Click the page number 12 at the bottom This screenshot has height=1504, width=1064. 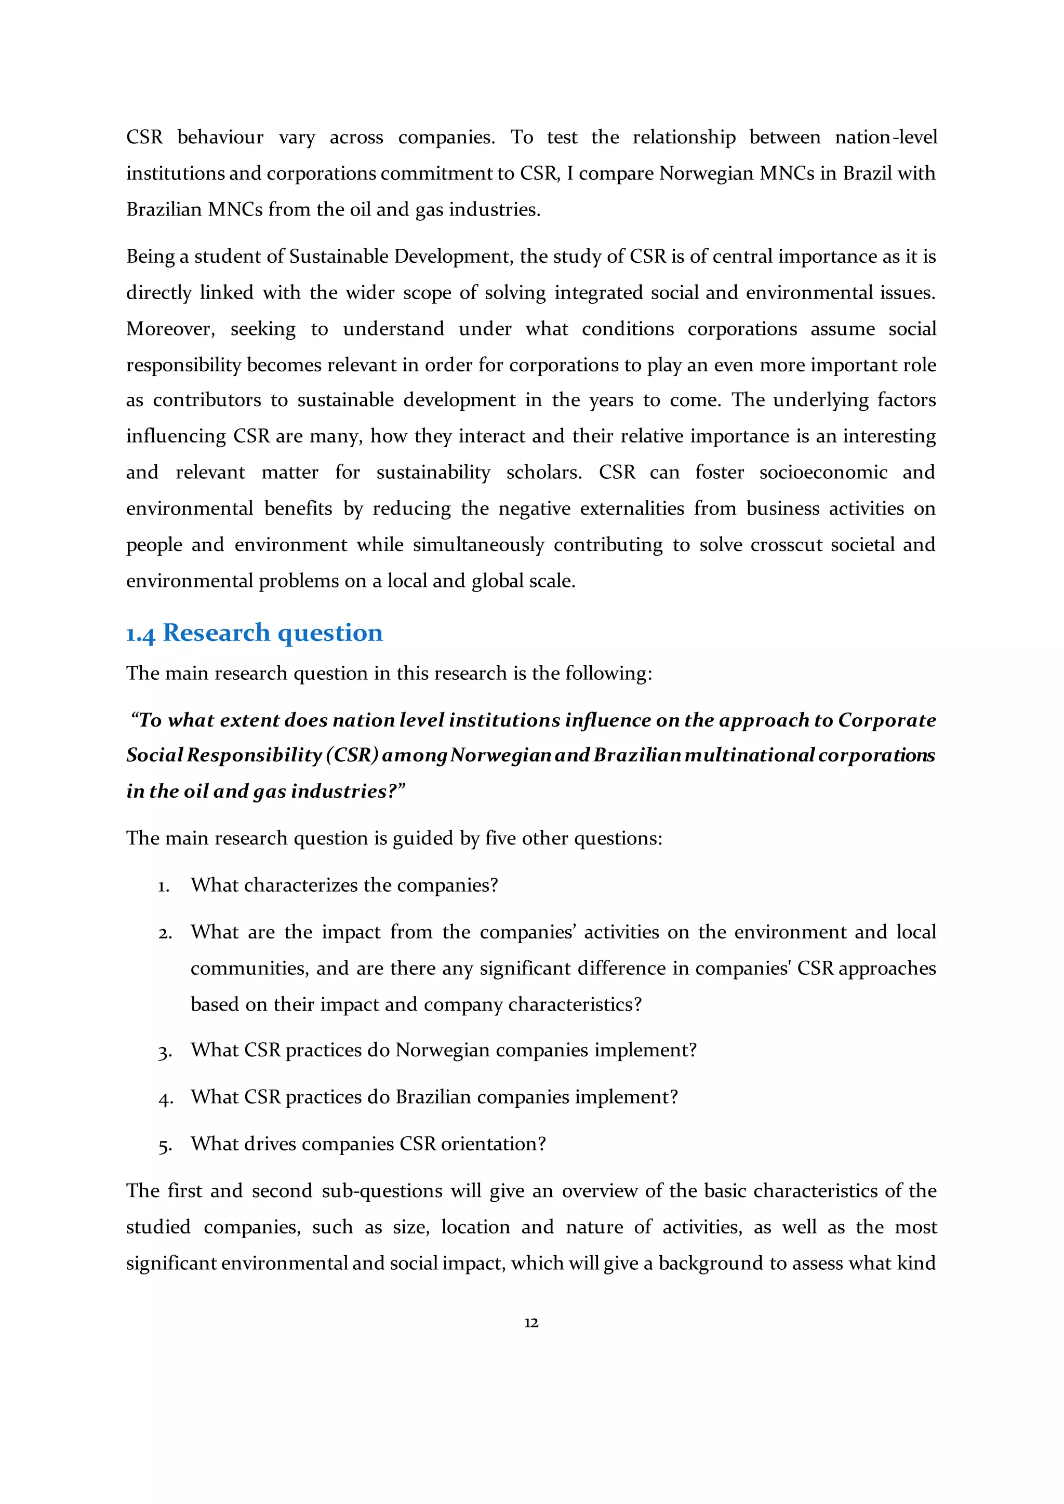[531, 1323]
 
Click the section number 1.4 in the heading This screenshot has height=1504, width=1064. [141, 634]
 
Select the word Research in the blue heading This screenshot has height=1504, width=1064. [216, 633]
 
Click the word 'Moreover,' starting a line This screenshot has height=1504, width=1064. [170, 329]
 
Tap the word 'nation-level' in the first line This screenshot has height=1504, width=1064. [886, 138]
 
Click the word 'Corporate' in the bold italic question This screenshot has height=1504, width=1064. [887, 720]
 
